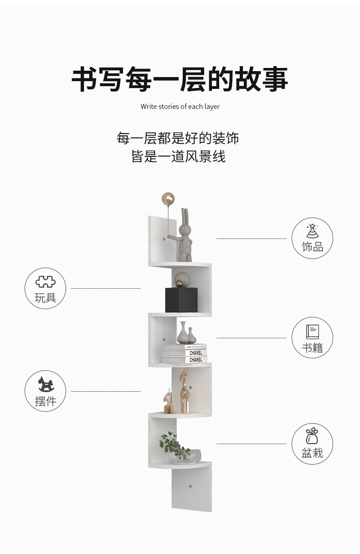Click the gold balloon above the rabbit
coord(168,199)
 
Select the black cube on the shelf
coord(181,300)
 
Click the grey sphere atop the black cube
coord(182,280)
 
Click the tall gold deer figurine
coord(184,391)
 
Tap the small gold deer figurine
coord(168,401)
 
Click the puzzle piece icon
coord(46,282)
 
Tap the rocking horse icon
coord(46,384)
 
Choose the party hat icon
coord(312,231)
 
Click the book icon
coord(313,332)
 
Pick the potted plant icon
coord(312,436)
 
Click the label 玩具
coord(46,298)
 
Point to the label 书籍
coord(313,348)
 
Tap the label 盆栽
coord(312,453)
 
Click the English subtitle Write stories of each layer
coord(180,107)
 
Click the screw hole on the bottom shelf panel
coord(190,487)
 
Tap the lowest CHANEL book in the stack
coord(185,360)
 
